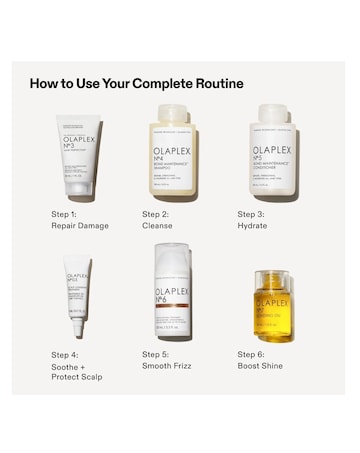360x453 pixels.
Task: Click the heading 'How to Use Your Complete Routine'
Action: point(136,83)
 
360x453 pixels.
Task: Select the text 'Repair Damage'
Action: point(80,226)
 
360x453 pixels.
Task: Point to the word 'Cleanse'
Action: point(158,226)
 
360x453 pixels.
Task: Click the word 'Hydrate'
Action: point(252,226)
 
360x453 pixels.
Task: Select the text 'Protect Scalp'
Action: point(76,377)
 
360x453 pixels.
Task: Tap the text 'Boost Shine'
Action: point(259,366)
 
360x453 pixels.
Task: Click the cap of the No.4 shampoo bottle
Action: point(174,113)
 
